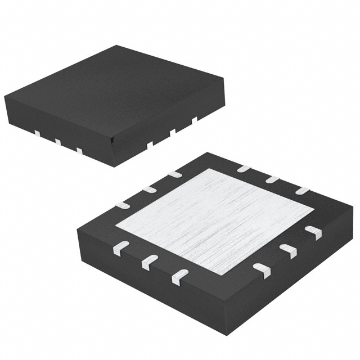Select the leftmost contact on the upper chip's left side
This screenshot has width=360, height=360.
coord(37,133)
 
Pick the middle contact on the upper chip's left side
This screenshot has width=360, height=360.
coord(58,142)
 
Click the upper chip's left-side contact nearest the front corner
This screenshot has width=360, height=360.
coord(79,150)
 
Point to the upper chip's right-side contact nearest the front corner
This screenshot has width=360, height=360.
coord(150,144)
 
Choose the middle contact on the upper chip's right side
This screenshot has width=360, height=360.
coord(173,132)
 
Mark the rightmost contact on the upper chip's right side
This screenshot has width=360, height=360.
coord(195,120)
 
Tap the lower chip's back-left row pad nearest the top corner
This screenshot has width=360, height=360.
coord(175,174)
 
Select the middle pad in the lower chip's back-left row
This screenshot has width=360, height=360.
coord(148,189)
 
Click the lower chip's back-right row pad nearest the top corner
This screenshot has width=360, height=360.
coord(243,168)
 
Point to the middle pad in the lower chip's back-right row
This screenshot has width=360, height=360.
coord(273,179)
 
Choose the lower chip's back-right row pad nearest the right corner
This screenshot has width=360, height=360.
coord(303,191)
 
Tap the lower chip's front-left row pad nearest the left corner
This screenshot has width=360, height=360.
coord(121,248)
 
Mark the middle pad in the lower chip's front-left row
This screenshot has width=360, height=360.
coord(149,262)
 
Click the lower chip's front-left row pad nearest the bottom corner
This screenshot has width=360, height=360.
coord(179,275)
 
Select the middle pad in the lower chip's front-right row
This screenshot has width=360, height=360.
coord(287,251)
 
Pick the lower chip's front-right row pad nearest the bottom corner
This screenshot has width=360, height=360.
coord(262,271)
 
